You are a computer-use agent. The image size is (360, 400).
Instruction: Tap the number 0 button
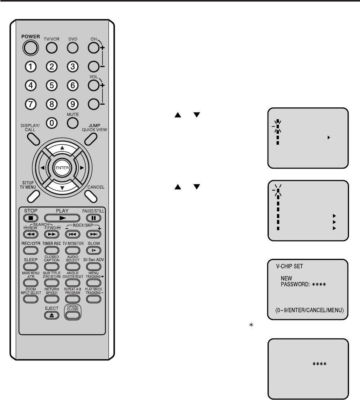pos(51,123)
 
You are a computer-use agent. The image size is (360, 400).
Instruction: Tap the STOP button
pos(31,218)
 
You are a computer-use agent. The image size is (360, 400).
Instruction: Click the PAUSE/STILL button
pos(93,218)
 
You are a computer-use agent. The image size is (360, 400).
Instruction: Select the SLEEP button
pos(31,266)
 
